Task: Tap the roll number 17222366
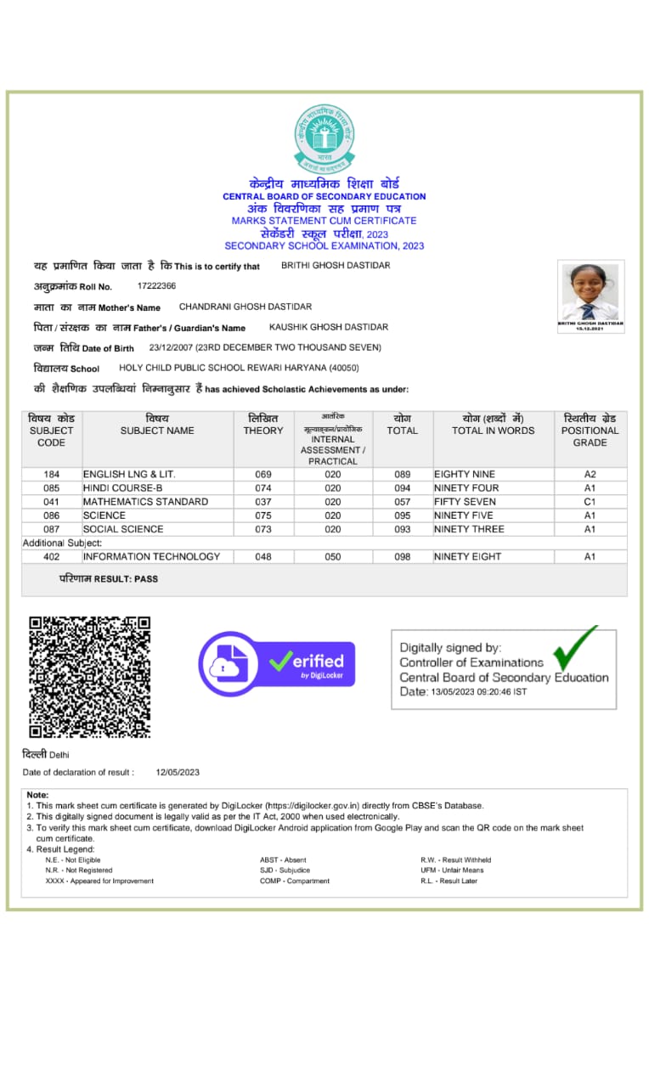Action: (156, 286)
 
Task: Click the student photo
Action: (590, 293)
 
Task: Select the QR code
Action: (89, 677)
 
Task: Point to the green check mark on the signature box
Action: (575, 650)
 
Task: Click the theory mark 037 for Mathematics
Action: (263, 502)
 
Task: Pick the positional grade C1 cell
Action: (590, 502)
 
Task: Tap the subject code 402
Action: (51, 557)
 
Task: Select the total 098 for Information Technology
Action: (402, 557)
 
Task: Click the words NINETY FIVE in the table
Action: (464, 515)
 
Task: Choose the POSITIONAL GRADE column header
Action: (590, 431)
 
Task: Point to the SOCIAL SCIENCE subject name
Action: (123, 529)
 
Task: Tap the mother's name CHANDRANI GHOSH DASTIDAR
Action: (245, 307)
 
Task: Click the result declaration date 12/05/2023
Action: (178, 772)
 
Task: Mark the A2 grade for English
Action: (590, 474)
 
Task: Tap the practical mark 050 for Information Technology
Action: (333, 557)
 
